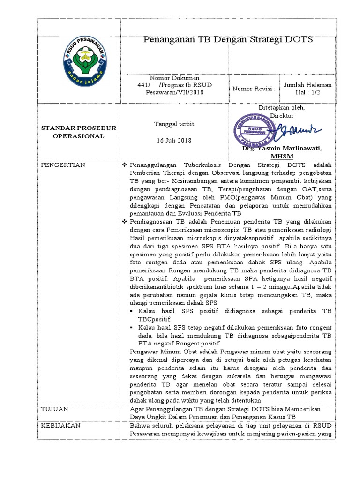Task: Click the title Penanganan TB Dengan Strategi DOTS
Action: (x=228, y=40)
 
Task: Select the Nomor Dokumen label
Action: (x=174, y=78)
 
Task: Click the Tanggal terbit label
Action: (x=174, y=124)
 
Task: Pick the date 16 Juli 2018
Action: (x=174, y=141)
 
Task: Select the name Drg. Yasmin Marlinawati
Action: (x=282, y=148)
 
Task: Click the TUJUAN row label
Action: (x=55, y=409)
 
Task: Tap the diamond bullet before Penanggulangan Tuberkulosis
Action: (x=125, y=166)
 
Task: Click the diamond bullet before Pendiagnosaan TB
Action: (x=125, y=220)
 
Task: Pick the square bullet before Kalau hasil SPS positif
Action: (x=134, y=311)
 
